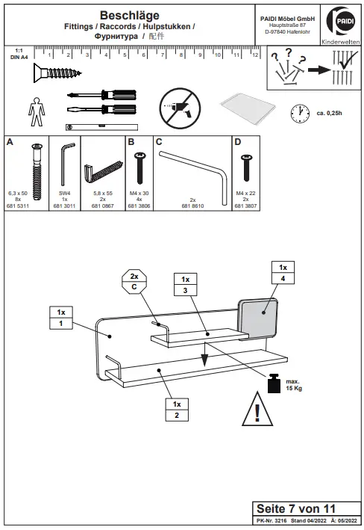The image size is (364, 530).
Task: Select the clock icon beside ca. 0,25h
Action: click(300, 112)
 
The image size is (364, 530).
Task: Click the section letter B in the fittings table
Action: click(131, 141)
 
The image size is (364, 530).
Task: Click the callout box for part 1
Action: click(61, 317)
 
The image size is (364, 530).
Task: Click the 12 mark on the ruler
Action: click(254, 55)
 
